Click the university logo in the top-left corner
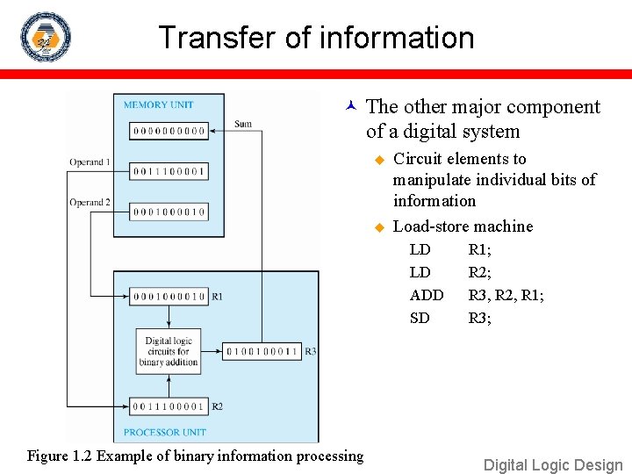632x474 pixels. coord(45,37)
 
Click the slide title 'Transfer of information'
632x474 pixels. coord(316,38)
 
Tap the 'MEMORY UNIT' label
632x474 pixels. coord(158,104)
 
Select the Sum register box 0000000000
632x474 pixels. coord(169,131)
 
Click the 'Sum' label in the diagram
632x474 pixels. coord(243,124)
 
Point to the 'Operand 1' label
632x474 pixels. coord(90,162)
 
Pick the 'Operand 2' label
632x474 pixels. coord(90,203)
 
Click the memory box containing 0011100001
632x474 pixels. coord(169,171)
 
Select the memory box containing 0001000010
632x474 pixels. coord(169,212)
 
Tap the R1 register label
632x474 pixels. coord(217,297)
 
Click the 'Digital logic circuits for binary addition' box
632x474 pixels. coord(169,351)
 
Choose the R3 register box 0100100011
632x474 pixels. coord(262,351)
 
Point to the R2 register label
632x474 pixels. coord(217,406)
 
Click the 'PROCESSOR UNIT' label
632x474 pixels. coord(164,432)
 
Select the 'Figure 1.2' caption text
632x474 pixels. coord(195,456)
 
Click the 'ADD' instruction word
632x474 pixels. coord(427,295)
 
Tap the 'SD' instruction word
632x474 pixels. coord(420,318)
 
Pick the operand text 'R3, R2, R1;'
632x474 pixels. coord(506,295)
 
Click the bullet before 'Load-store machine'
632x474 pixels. coord(379,226)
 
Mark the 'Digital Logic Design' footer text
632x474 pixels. coord(553,465)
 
